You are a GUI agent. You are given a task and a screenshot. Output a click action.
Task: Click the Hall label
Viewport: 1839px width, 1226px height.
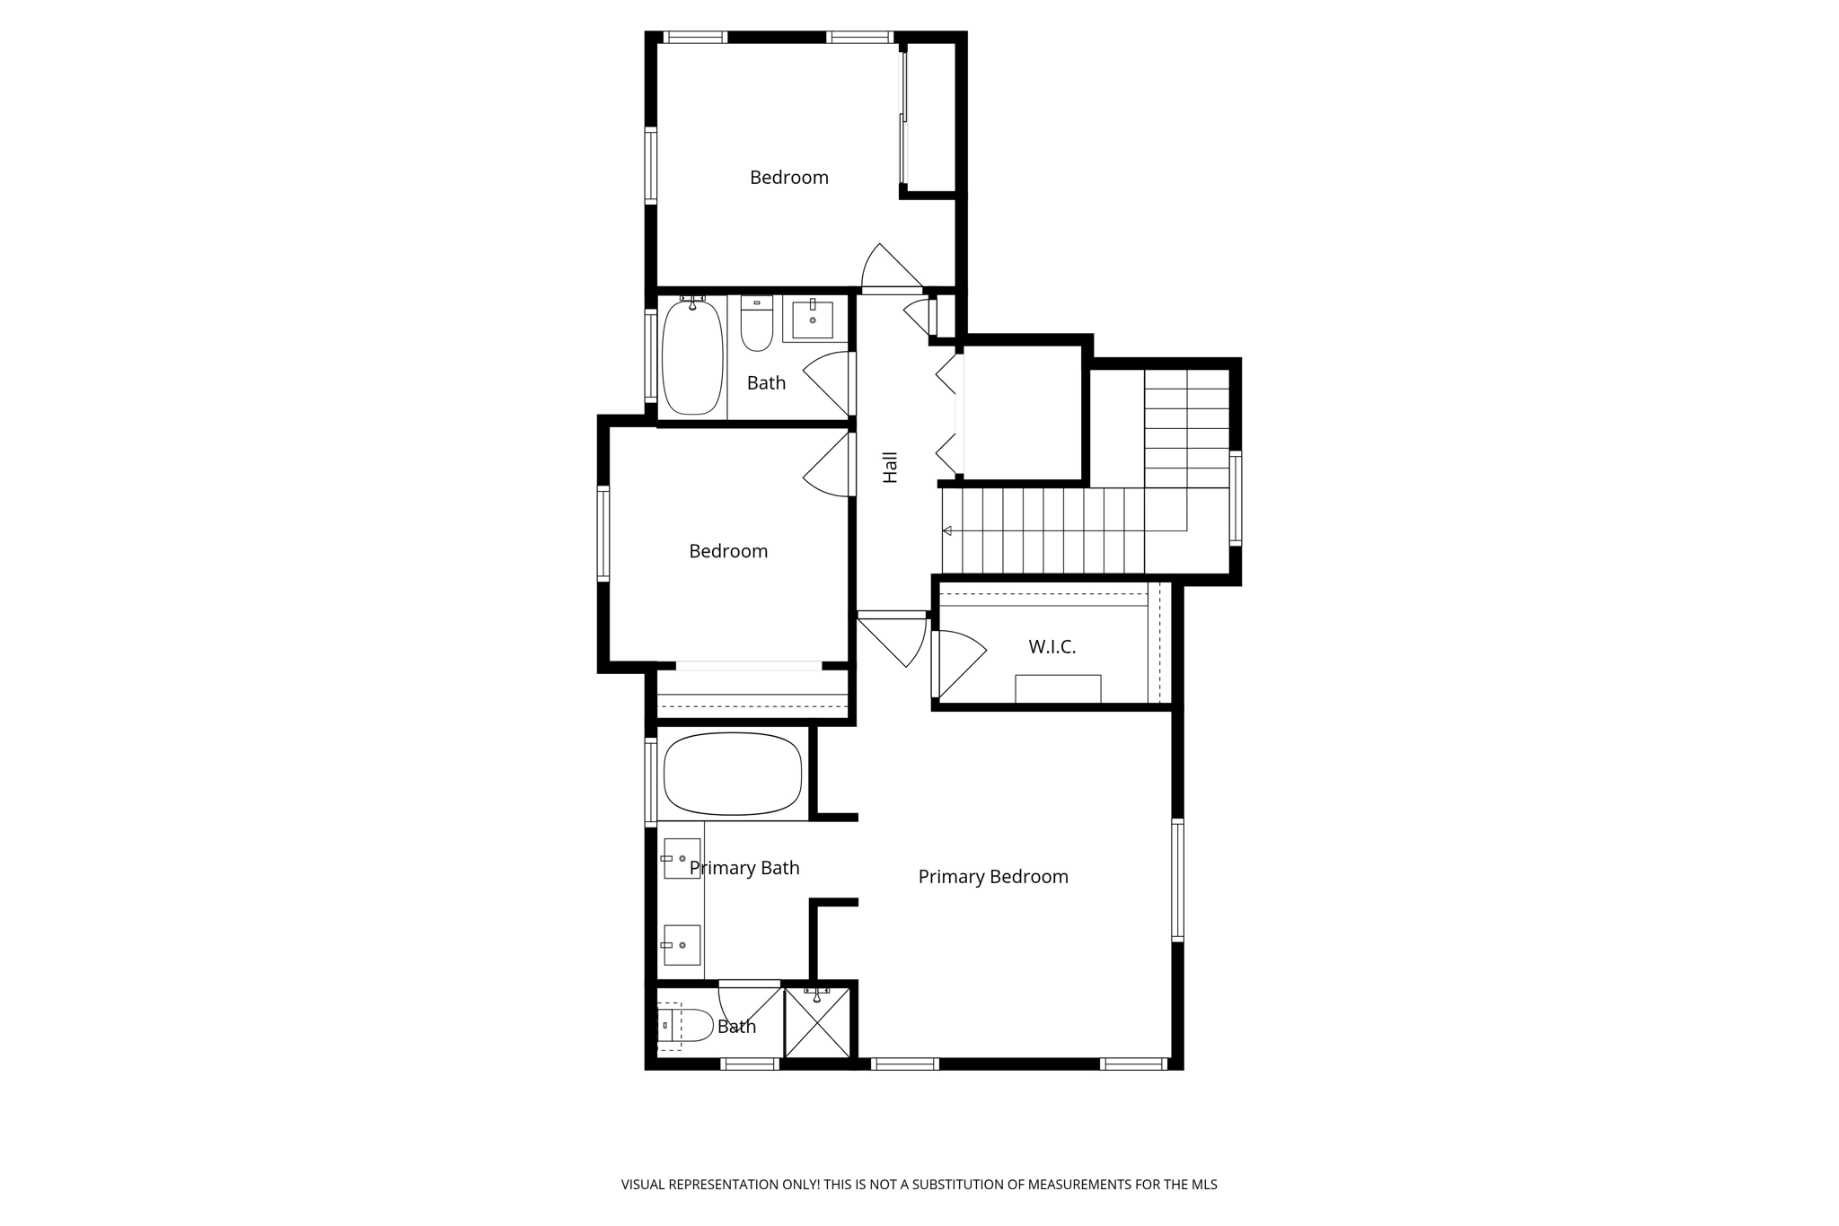(890, 468)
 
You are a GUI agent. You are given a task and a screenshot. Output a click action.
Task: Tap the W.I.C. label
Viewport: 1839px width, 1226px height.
(1051, 647)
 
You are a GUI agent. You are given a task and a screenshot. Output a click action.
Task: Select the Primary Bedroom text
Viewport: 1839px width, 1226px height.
(993, 877)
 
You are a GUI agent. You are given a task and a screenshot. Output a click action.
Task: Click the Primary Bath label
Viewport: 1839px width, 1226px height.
(744, 868)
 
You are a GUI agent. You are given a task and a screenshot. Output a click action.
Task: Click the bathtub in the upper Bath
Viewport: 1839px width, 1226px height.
(692, 357)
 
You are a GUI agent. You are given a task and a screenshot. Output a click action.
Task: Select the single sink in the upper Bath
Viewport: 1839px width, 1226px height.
(813, 320)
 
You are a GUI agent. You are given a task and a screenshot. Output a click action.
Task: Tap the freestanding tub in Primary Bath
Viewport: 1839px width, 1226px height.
(733, 774)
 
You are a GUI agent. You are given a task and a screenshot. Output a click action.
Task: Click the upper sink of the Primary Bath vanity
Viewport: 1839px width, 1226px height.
(682, 859)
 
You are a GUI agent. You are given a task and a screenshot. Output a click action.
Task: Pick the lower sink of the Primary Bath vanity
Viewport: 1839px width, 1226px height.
(682, 945)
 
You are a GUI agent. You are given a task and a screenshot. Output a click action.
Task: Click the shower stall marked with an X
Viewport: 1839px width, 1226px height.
(817, 1023)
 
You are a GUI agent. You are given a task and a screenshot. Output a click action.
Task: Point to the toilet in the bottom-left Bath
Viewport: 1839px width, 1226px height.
(684, 1025)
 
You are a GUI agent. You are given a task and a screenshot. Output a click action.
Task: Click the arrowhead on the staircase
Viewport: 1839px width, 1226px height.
(946, 531)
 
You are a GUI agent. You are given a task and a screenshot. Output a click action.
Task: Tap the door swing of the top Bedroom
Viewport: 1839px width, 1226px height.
(889, 269)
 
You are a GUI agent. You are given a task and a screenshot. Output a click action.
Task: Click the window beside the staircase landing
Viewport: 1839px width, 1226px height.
(1236, 498)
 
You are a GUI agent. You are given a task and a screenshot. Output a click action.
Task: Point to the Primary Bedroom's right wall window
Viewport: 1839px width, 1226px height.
(1177, 880)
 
